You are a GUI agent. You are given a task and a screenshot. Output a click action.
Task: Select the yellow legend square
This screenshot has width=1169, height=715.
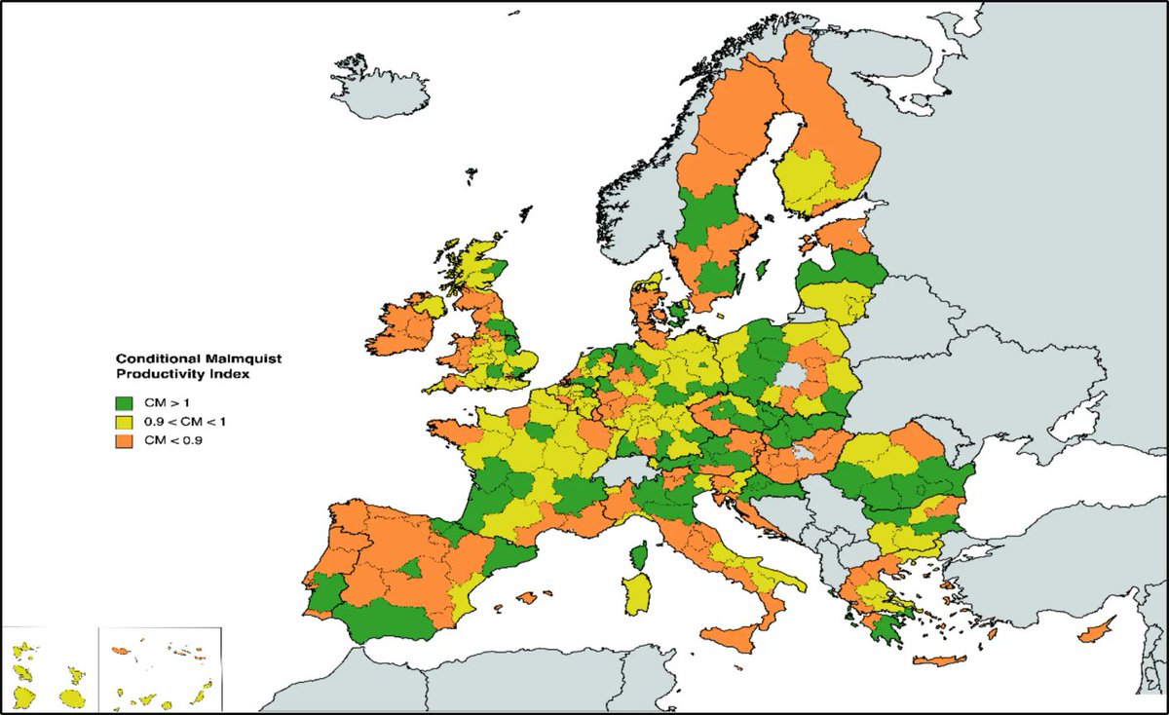[124, 422]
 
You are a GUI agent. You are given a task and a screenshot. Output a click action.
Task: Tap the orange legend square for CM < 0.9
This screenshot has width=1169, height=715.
[124, 440]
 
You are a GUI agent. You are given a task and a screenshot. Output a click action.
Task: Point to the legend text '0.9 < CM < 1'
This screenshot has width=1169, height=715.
[177, 422]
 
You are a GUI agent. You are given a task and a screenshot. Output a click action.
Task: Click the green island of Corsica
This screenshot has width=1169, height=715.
[642, 556]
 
